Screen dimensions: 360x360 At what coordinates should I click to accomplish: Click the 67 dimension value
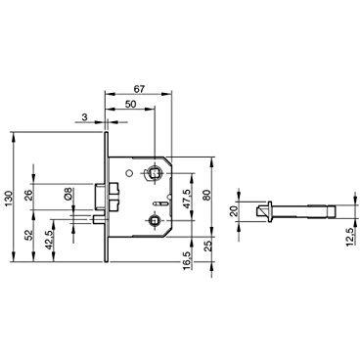(139, 89)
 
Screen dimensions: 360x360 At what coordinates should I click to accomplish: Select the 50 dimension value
(130, 104)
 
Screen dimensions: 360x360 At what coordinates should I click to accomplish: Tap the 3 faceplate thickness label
(84, 117)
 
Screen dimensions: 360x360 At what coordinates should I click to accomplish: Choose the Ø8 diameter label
(68, 194)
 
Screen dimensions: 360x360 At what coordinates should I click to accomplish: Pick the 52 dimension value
(29, 235)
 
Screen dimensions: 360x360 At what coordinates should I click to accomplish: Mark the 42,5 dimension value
(48, 240)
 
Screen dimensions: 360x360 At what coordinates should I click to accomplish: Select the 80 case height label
(206, 197)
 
